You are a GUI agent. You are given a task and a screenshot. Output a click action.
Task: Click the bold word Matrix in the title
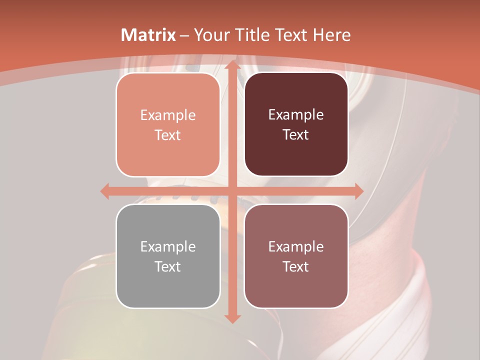click(x=148, y=35)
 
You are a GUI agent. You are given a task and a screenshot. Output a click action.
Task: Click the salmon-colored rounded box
click(x=168, y=125)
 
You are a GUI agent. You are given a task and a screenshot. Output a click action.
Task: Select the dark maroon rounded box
click(x=296, y=124)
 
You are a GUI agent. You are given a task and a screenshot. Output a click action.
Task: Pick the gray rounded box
click(x=168, y=256)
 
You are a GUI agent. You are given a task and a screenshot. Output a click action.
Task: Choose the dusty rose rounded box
click(x=296, y=256)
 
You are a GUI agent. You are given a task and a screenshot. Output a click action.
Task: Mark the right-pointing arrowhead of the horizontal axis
click(x=358, y=191)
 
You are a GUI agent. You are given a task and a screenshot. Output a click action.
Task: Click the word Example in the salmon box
click(x=168, y=115)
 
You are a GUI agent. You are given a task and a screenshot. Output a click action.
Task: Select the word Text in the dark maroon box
click(x=296, y=135)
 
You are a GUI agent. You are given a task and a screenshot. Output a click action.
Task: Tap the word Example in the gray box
click(x=168, y=246)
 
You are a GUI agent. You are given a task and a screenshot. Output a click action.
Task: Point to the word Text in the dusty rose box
click(x=296, y=266)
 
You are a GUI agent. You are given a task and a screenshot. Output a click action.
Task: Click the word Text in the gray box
click(x=168, y=266)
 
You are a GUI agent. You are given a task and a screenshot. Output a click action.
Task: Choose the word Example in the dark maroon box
click(x=296, y=115)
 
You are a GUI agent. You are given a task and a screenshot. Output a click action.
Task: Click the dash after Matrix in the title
click(x=184, y=35)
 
